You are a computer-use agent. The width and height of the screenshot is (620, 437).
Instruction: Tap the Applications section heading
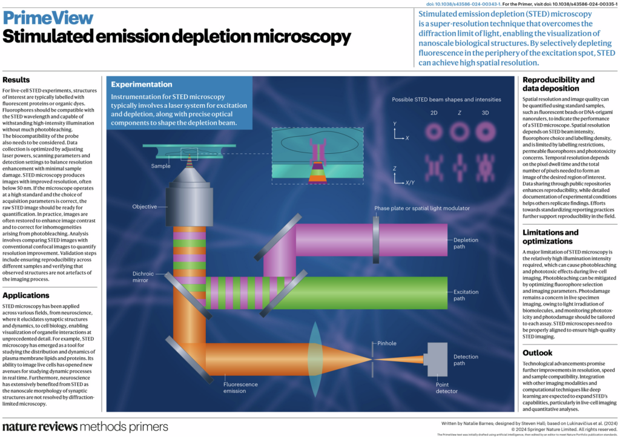pyautogui.click(x=34, y=295)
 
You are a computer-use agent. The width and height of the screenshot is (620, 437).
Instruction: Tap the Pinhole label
pyautogui.click(x=386, y=343)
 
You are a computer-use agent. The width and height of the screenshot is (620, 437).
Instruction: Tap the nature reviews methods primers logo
pyautogui.click(x=85, y=427)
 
